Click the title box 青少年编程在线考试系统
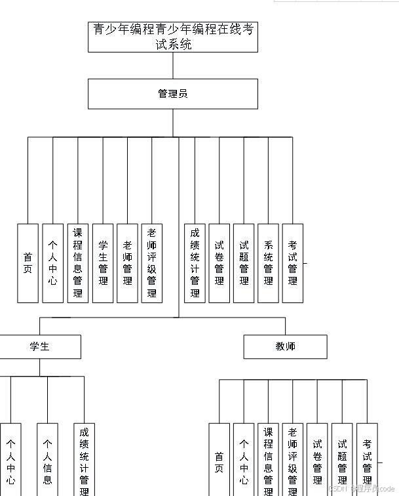(173, 37)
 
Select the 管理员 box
(173, 94)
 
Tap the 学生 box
(40, 346)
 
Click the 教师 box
(285, 346)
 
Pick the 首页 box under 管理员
(28, 263)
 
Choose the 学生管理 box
(103, 263)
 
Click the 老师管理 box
(127, 263)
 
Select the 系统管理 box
(268, 263)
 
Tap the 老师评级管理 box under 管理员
(152, 263)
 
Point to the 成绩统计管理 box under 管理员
(195, 263)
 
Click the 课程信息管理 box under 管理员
(78, 263)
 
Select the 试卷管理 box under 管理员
(219, 263)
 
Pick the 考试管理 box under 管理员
(293, 263)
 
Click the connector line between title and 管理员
(173, 66)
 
